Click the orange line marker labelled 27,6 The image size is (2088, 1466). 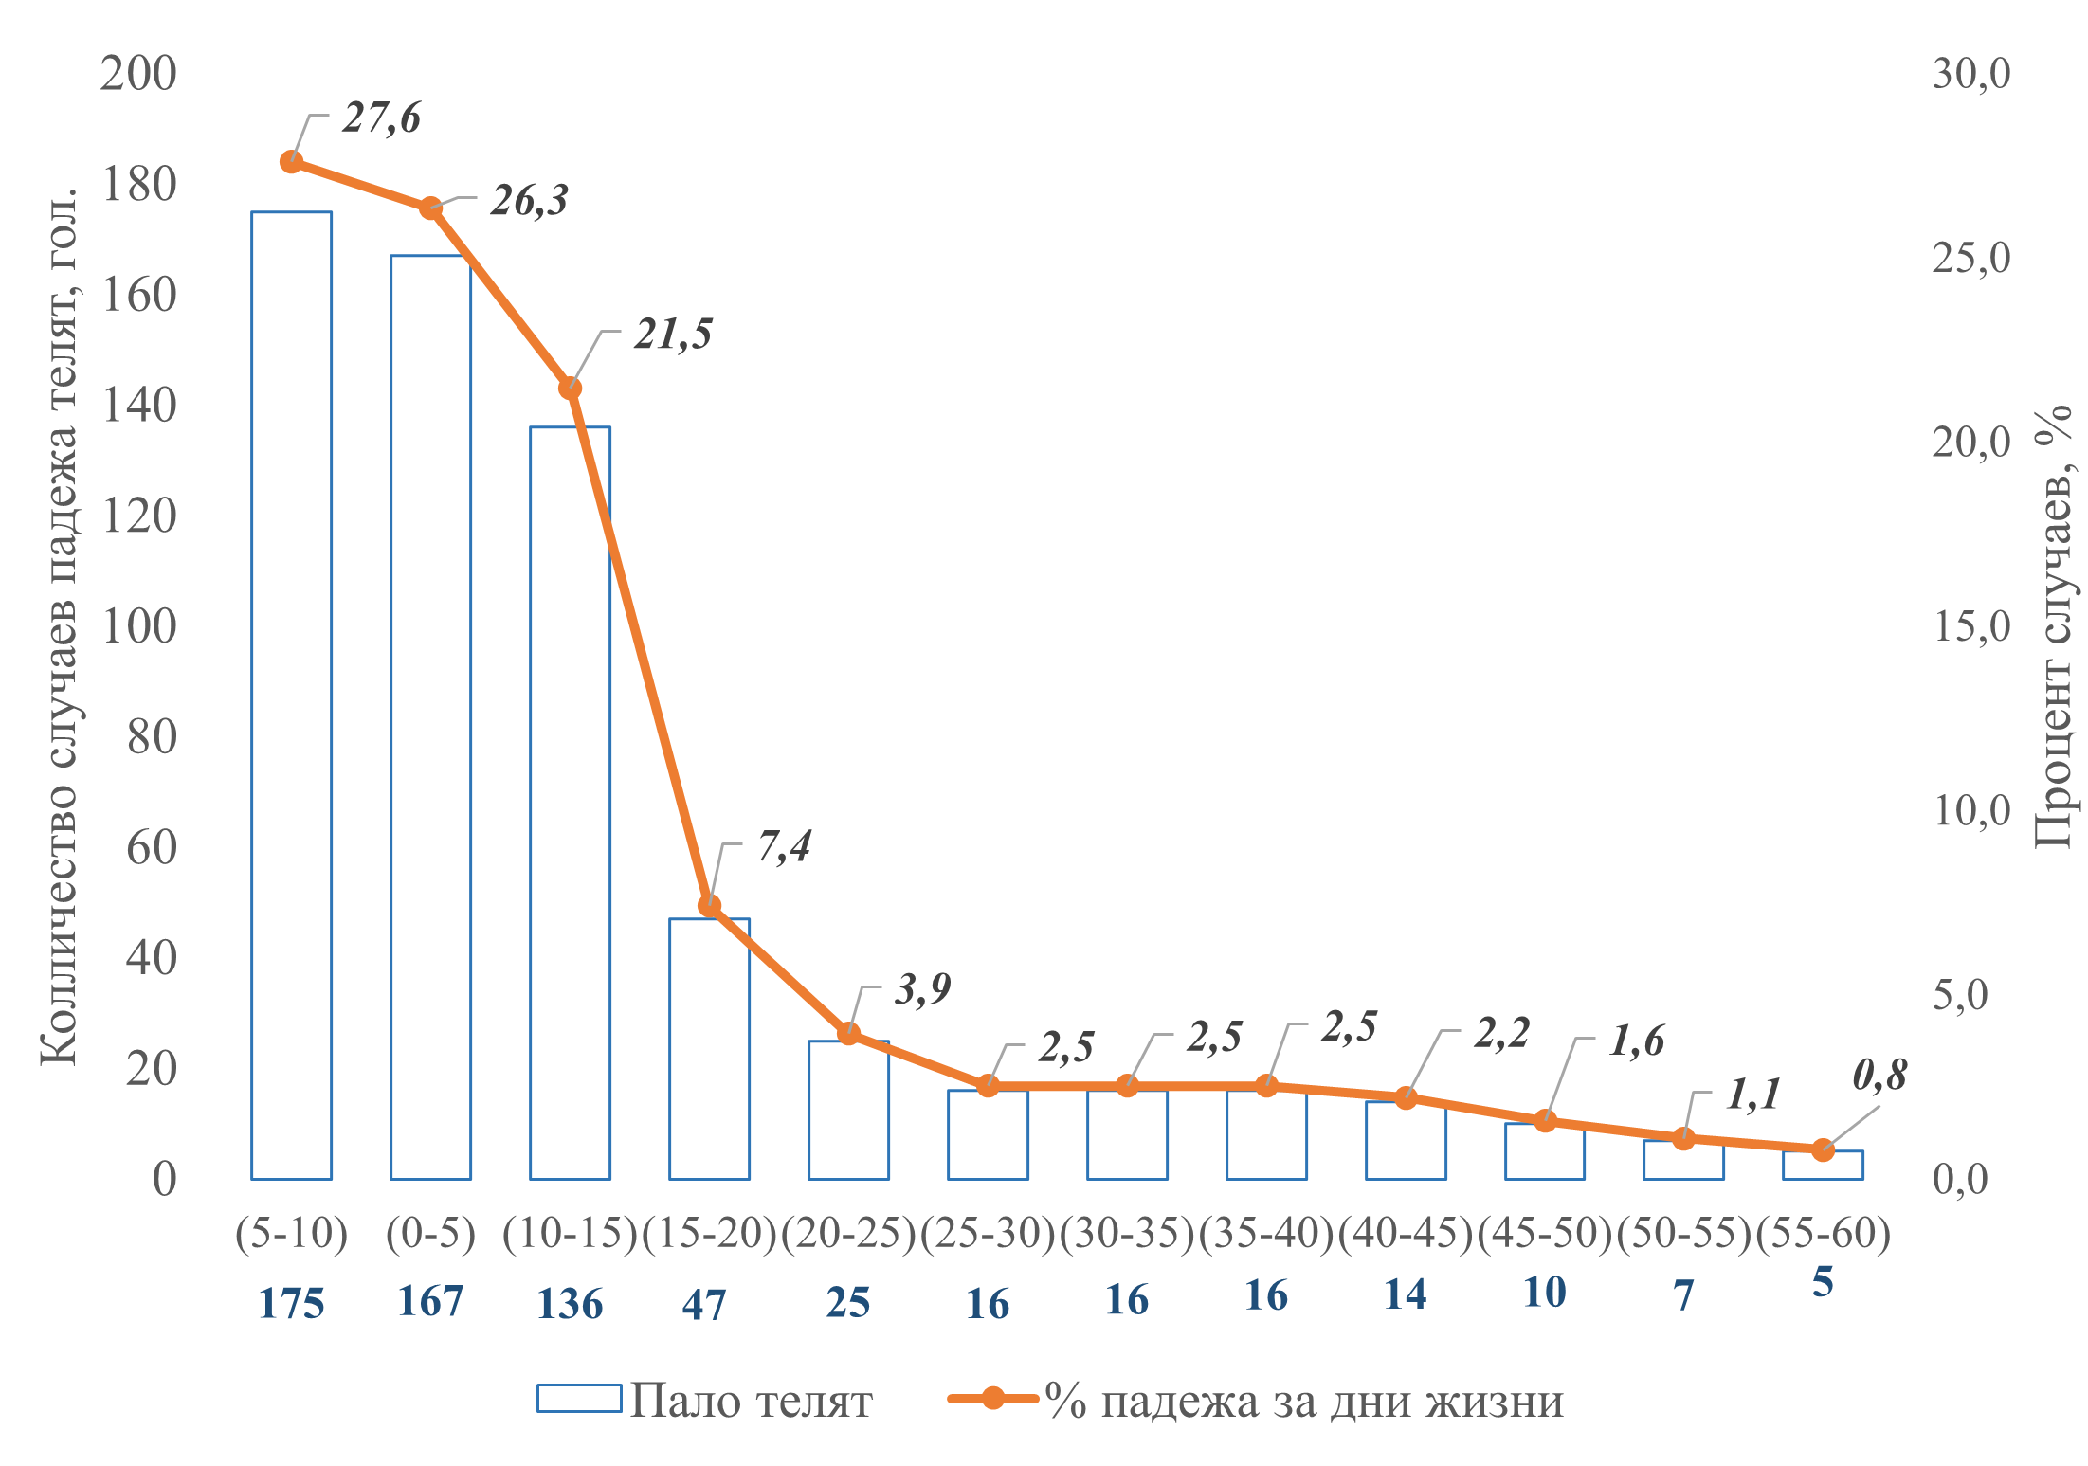292,161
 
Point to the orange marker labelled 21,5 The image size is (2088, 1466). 570,389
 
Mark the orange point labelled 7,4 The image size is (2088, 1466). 709,906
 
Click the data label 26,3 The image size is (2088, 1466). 529,201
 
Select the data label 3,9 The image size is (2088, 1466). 922,989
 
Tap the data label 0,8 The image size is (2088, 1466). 1879,1076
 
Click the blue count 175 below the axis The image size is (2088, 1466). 291,1304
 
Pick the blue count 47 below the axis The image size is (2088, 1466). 703,1305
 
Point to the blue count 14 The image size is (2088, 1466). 1405,1294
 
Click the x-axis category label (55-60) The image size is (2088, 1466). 1823,1233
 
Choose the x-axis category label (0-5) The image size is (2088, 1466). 430,1233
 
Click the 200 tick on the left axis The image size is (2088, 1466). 138,74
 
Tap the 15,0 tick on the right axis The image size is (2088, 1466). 1970,626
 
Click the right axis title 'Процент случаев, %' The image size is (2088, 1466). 2052,625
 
